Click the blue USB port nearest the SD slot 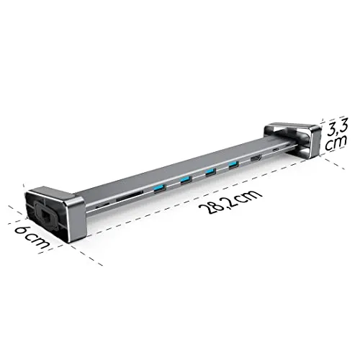click(157, 189)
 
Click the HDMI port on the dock click(257, 158)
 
